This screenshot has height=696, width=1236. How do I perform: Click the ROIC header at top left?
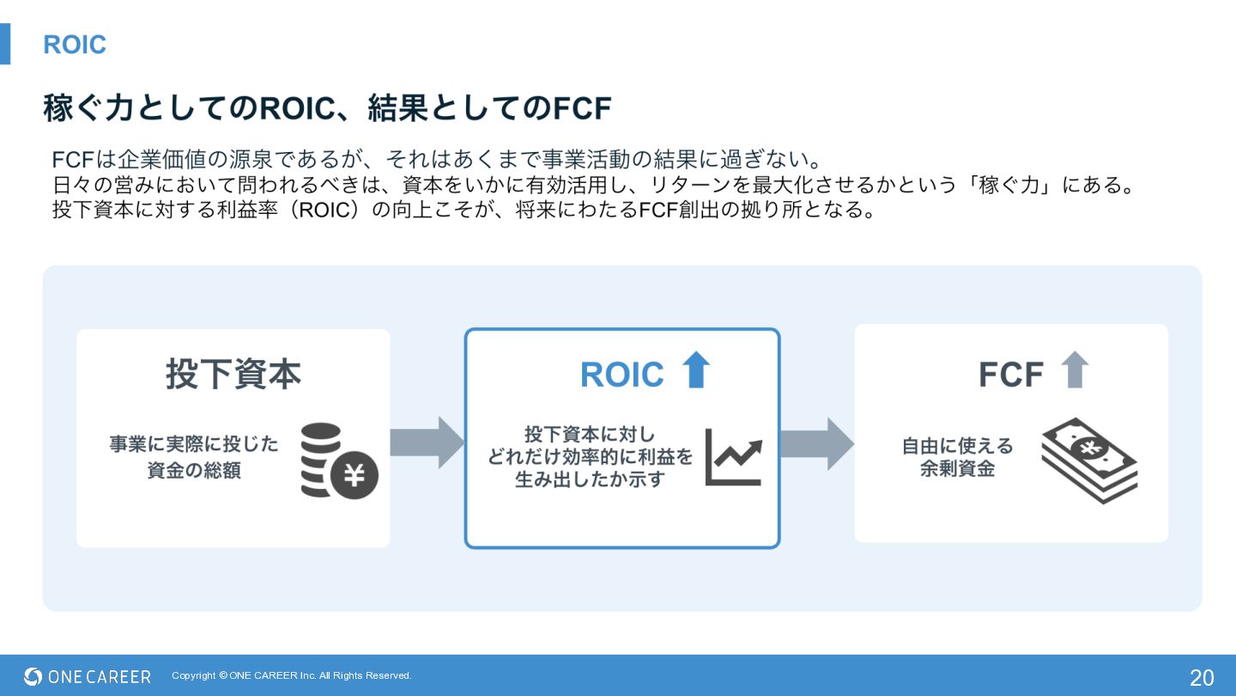75,45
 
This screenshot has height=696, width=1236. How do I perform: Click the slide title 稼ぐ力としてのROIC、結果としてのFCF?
327,109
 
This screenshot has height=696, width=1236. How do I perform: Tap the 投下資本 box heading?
233,374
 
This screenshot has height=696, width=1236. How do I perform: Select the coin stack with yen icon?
338,461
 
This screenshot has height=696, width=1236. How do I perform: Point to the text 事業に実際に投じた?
194,444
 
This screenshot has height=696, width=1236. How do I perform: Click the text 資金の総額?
194,470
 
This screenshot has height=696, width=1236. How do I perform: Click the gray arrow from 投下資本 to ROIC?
427,443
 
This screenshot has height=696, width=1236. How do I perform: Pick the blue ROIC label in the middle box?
621,375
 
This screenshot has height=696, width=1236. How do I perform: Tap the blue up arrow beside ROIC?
695,370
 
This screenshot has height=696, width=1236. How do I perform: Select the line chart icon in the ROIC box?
733,457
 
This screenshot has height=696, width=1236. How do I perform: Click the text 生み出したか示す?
590,479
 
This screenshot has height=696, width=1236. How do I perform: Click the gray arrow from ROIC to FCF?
816,443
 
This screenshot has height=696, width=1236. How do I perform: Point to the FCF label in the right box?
1010,375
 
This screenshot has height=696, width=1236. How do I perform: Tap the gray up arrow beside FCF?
1074,370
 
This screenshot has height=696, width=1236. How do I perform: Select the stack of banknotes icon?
1089,460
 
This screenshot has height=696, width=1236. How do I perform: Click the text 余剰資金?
957,469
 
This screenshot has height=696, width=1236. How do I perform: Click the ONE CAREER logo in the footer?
88,676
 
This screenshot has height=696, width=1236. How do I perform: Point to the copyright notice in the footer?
292,675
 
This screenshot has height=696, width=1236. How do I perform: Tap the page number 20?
1202,677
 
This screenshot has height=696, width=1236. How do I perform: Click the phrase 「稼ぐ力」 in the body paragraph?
1010,185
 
